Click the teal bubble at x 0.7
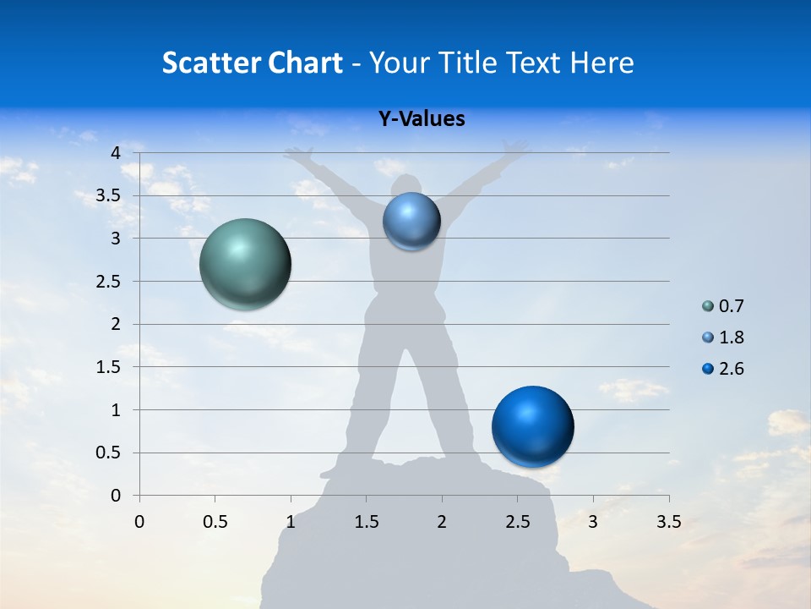coord(245,264)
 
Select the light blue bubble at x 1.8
coord(411,222)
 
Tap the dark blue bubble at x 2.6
coord(532,426)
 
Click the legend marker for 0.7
coord(708,306)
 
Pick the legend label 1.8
coord(731,337)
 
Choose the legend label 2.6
coord(731,369)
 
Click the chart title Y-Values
coord(421,119)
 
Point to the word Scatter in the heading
coord(210,63)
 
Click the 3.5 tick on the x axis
coord(668,522)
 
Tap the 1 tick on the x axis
coord(291,522)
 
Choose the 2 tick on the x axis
coord(442,522)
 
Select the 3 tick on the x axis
coord(593,522)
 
